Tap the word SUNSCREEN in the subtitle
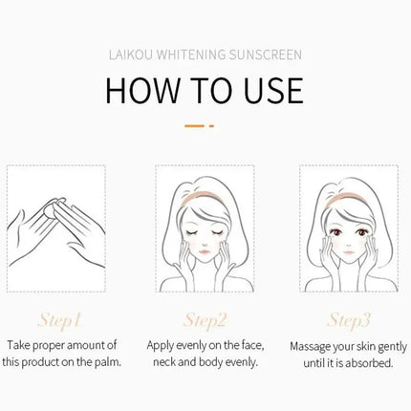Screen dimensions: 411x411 pos(265,54)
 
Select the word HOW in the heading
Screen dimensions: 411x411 pos(142,90)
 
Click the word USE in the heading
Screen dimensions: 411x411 pos(273,90)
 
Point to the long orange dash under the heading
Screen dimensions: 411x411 pos(194,126)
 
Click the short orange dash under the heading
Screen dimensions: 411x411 pos(211,126)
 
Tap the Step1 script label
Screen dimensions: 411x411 pos(58,320)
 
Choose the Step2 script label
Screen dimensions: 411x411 pos(205,320)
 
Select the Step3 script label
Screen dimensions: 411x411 pos(349,320)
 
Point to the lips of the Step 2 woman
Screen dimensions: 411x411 pos(205,251)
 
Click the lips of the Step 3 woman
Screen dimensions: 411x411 pos(349,253)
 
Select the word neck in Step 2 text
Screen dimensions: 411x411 pos(164,362)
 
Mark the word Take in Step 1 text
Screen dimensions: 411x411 pos(18,345)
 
